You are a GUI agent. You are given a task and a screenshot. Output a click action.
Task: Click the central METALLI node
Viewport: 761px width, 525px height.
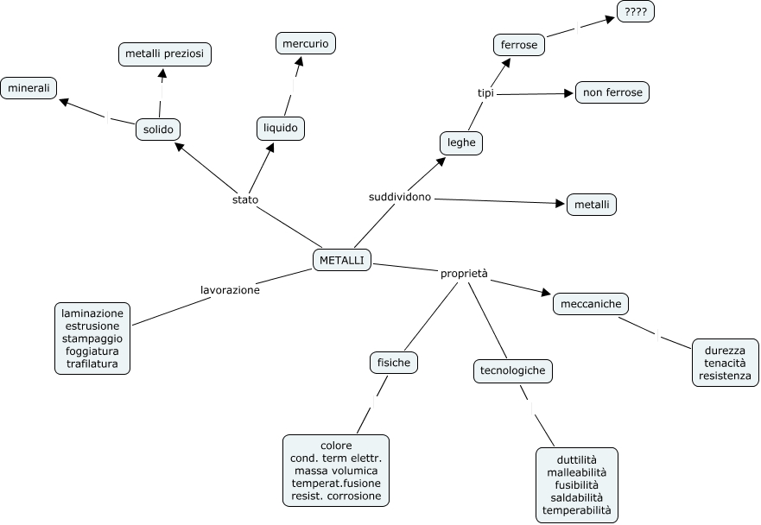[342, 260]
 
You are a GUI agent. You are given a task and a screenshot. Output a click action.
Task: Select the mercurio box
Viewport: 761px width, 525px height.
[306, 44]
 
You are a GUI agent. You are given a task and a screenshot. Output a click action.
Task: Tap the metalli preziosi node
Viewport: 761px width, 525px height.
[164, 54]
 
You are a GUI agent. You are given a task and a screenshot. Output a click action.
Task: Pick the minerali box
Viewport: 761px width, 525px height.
[29, 88]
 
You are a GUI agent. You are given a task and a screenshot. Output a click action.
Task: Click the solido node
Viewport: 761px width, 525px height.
[158, 130]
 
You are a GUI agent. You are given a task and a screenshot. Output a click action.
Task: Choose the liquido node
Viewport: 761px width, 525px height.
[281, 128]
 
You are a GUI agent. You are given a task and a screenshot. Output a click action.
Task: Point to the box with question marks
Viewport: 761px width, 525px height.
[636, 11]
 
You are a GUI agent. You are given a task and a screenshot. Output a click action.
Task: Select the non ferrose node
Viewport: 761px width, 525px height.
[612, 92]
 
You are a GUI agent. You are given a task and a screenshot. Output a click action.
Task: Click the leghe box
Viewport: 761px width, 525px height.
[461, 142]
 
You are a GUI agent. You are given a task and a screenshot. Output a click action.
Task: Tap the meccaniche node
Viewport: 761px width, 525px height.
[591, 304]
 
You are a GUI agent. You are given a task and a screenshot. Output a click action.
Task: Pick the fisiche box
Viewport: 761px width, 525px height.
[394, 363]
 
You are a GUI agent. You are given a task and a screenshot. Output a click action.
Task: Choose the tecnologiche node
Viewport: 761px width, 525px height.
[512, 370]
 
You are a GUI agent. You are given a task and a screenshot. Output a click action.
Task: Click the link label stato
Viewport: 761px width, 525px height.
[245, 199]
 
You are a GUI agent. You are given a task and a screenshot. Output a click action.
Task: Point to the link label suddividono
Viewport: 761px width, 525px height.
[400, 197]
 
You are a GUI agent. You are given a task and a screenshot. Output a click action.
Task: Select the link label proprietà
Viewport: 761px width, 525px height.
[464, 274]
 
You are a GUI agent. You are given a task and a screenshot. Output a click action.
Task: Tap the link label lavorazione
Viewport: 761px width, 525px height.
[230, 290]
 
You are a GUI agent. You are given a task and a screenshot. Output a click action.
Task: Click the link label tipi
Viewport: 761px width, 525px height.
[485, 92]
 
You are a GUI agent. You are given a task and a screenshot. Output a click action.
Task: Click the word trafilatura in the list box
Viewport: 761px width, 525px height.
[92, 364]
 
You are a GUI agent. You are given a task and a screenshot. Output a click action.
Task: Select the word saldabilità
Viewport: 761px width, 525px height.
[576, 498]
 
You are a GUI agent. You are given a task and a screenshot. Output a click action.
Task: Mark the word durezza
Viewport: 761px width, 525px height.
[725, 351]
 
